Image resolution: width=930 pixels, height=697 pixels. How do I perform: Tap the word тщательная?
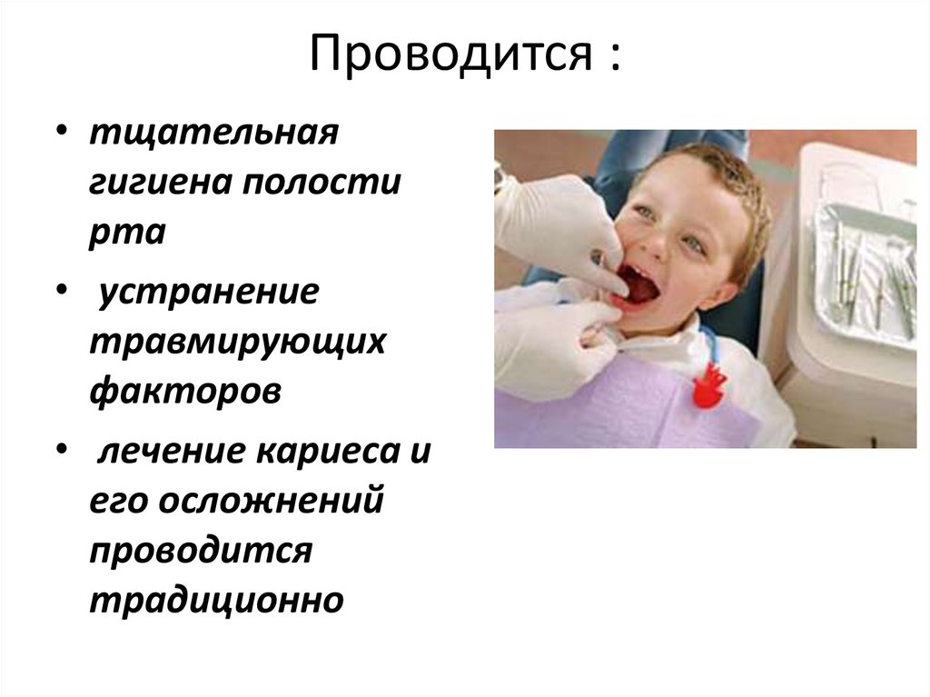[x=214, y=135]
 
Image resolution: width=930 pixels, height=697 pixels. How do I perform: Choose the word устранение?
[x=209, y=294]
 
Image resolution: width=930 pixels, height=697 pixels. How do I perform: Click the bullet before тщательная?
[x=60, y=133]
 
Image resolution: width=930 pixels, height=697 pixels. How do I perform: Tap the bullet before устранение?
[x=60, y=292]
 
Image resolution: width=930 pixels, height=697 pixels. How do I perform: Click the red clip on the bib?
[x=710, y=385]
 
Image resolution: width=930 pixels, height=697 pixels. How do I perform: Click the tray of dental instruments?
[x=863, y=273]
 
